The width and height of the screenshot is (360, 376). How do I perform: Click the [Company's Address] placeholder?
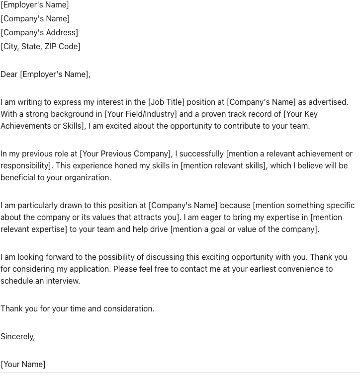pyautogui.click(x=39, y=33)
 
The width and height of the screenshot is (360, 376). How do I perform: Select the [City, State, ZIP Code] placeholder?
pyautogui.click(x=40, y=47)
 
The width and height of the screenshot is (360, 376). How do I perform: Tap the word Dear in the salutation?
pyautogui.click(x=9, y=75)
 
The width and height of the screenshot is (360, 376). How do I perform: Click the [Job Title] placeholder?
pyautogui.click(x=166, y=102)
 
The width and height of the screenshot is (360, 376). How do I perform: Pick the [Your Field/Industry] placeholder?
pyautogui.click(x=141, y=114)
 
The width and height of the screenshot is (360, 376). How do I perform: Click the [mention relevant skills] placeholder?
pyautogui.click(x=224, y=166)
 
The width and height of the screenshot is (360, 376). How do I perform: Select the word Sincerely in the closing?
pyautogui.click(x=17, y=337)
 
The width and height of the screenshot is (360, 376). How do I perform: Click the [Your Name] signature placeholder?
pyautogui.click(x=23, y=365)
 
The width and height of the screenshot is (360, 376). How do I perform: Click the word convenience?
pyautogui.click(x=299, y=269)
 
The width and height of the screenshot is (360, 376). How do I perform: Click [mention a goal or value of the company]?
pyautogui.click(x=245, y=229)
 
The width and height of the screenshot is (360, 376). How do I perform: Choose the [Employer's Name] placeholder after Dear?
pyautogui.click(x=55, y=75)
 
